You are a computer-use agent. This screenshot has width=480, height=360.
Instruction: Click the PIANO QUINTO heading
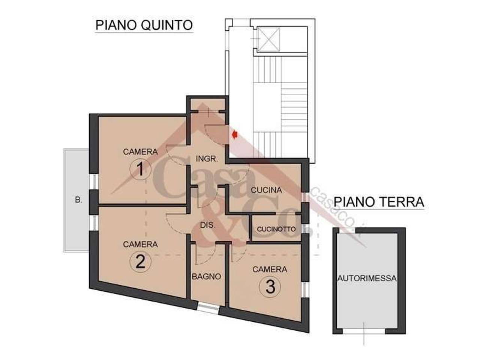[144, 25]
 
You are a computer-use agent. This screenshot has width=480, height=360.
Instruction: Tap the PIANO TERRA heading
[379, 202]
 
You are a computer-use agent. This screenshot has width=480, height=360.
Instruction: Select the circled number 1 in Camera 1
[140, 170]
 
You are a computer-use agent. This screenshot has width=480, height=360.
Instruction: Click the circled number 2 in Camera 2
[140, 262]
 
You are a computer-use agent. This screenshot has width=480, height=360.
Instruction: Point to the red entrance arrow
[235, 135]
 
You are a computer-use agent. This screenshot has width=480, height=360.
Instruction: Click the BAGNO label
[206, 277]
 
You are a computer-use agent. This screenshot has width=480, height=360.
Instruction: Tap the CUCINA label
[266, 190]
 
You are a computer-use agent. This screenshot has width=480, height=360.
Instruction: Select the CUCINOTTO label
[276, 229]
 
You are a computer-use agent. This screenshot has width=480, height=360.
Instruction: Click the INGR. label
[207, 159]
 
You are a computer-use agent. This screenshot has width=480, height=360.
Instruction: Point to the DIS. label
[207, 225]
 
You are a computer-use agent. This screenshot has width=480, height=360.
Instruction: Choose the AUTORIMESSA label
[367, 279]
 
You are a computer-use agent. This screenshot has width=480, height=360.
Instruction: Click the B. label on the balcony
[78, 200]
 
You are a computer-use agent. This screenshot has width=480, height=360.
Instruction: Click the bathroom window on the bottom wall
[208, 308]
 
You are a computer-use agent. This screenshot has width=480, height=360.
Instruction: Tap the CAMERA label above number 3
[270, 269]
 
